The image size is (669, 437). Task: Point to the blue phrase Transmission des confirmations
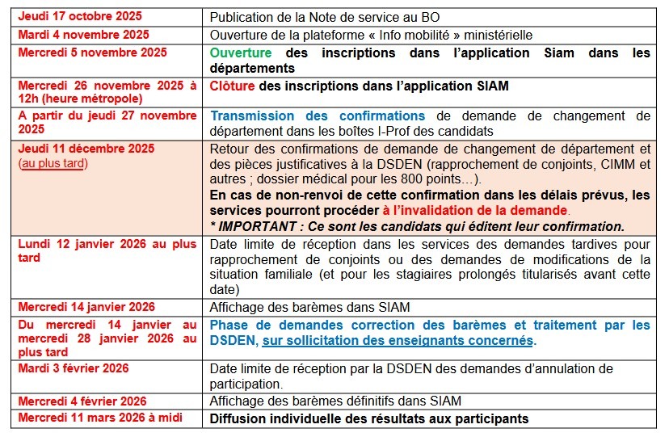coord(318,116)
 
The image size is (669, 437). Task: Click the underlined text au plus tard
coord(53,163)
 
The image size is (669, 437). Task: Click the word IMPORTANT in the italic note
coord(258,225)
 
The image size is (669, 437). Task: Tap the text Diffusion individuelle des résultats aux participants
coord(368,418)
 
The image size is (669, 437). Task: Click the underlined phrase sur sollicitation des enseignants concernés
coord(398,341)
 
